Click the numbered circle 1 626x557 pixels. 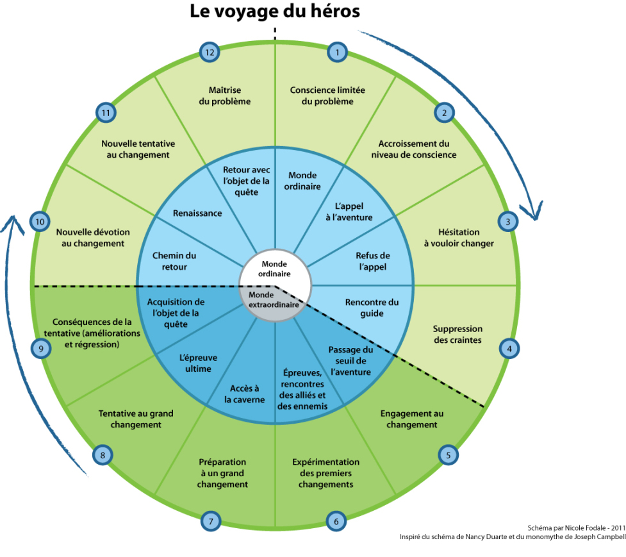[337, 52]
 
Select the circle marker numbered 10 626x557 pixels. [40, 222]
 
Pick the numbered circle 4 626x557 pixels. [509, 349]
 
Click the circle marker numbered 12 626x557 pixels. [210, 52]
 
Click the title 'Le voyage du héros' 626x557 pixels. [275, 12]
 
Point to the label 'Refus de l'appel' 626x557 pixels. [372, 262]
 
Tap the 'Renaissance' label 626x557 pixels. [197, 213]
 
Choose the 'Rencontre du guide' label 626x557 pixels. [372, 308]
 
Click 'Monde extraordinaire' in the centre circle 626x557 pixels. [274, 301]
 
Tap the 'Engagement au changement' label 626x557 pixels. [412, 419]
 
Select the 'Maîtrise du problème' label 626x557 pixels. [229, 96]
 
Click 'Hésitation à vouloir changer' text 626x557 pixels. [457, 238]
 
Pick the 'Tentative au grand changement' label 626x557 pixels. [136, 419]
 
